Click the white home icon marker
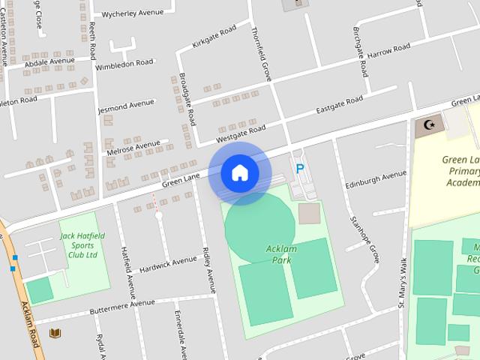pos(240,172)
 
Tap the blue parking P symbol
pos(300,169)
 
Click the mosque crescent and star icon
pos(429,124)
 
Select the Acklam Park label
pos(277,255)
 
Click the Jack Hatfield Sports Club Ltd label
pos(82,245)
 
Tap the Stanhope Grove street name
pos(364,238)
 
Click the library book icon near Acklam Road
pos(54,333)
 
